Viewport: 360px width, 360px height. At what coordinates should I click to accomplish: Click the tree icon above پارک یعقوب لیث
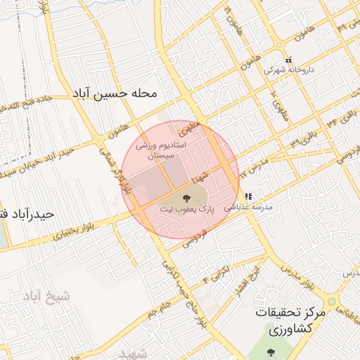(186, 198)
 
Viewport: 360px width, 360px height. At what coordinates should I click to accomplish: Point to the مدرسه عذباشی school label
(247, 207)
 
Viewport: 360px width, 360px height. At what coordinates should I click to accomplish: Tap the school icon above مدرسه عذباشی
(247, 196)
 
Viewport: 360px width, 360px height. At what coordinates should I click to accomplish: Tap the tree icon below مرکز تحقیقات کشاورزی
(271, 352)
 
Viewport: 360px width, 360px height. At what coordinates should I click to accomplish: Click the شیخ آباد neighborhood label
(48, 296)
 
